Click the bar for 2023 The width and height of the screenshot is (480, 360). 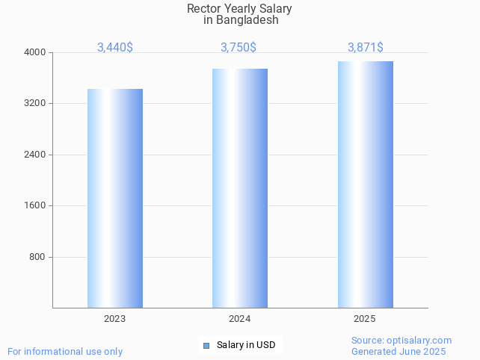click(115, 198)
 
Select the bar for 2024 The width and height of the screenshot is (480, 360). click(240, 188)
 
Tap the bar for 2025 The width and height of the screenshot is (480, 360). click(365, 184)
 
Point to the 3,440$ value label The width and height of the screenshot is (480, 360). click(115, 47)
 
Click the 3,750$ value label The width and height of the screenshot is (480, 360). click(239, 47)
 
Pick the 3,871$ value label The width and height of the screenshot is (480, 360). click(366, 47)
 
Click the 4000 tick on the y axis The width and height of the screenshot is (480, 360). click(35, 52)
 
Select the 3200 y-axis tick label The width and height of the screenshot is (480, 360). click(35, 103)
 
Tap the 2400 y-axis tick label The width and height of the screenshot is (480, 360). click(35, 155)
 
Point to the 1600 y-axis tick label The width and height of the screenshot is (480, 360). click(35, 205)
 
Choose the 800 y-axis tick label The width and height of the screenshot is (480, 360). click(37, 257)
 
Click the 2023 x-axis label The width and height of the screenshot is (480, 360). click(115, 319)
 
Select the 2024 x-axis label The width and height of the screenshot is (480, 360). click(240, 319)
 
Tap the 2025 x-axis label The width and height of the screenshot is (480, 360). click(365, 319)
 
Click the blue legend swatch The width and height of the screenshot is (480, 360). click(206, 345)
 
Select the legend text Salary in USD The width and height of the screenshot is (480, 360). click(246, 345)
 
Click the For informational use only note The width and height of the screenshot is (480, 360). click(65, 351)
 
